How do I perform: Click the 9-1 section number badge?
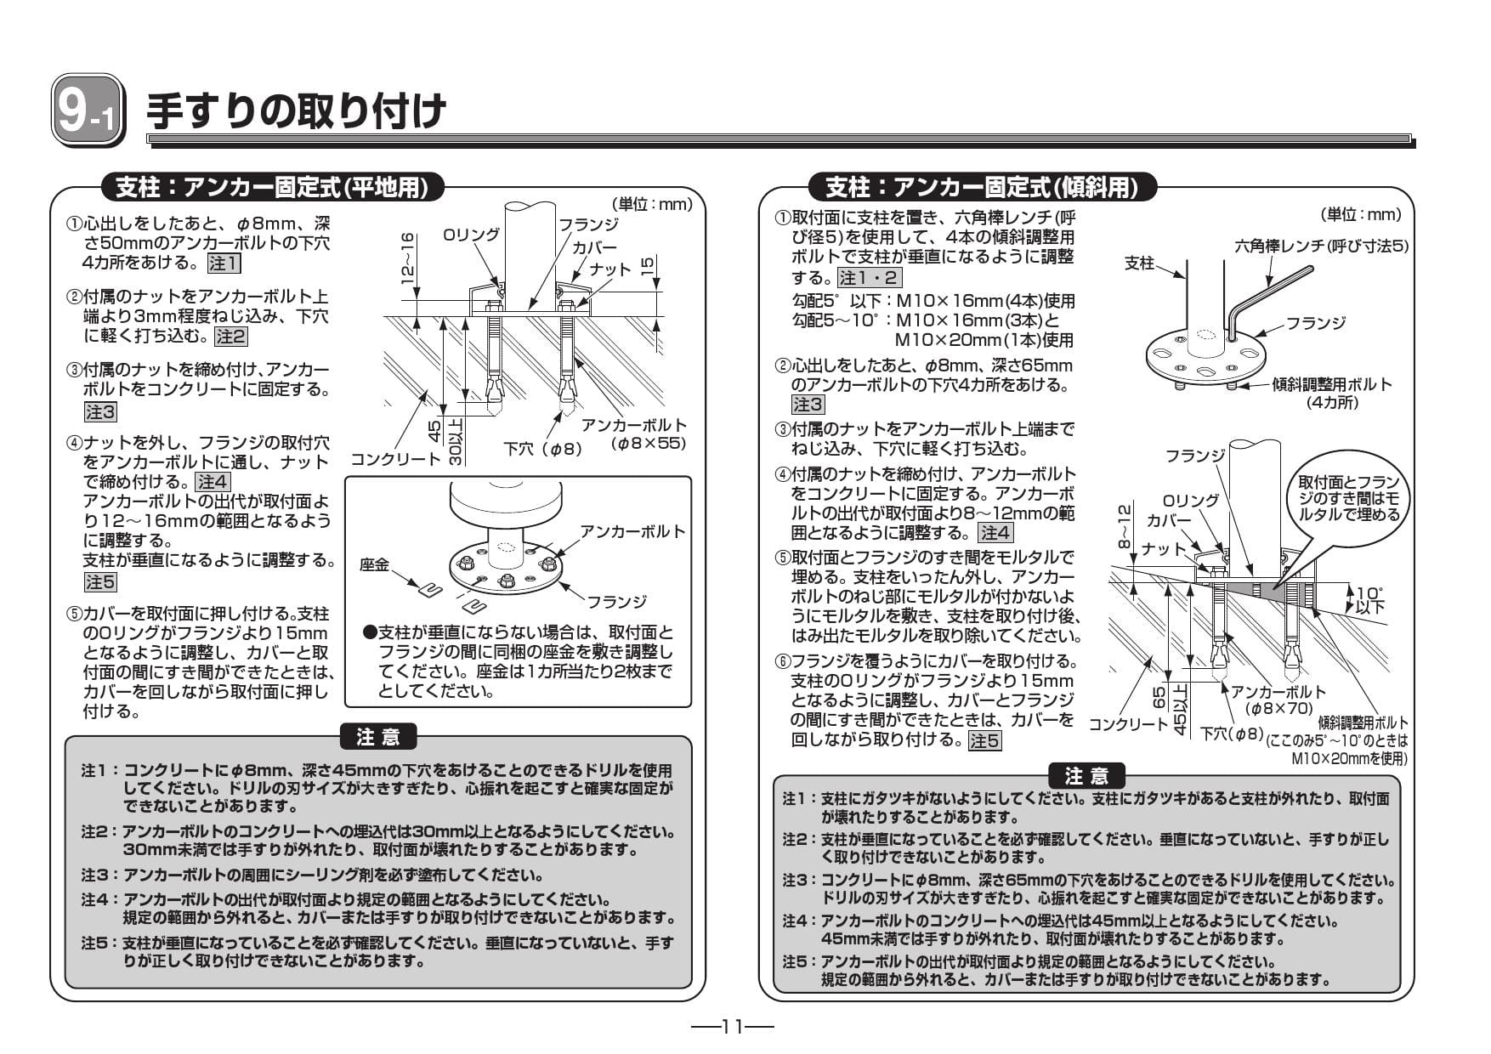point(88,110)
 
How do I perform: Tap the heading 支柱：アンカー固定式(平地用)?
point(271,187)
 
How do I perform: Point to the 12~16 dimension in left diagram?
point(407,257)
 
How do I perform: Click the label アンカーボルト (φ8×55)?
point(635,433)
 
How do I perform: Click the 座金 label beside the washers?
point(374,564)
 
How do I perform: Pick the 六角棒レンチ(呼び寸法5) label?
point(1321,246)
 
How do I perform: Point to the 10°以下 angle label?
point(1369,599)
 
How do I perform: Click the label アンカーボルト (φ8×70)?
point(1278,700)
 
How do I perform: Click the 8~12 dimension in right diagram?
point(1124,524)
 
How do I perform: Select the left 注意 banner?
point(378,736)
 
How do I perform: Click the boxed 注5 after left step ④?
point(100,582)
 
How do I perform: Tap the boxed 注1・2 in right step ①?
point(869,278)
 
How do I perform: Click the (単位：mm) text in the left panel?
point(652,204)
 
